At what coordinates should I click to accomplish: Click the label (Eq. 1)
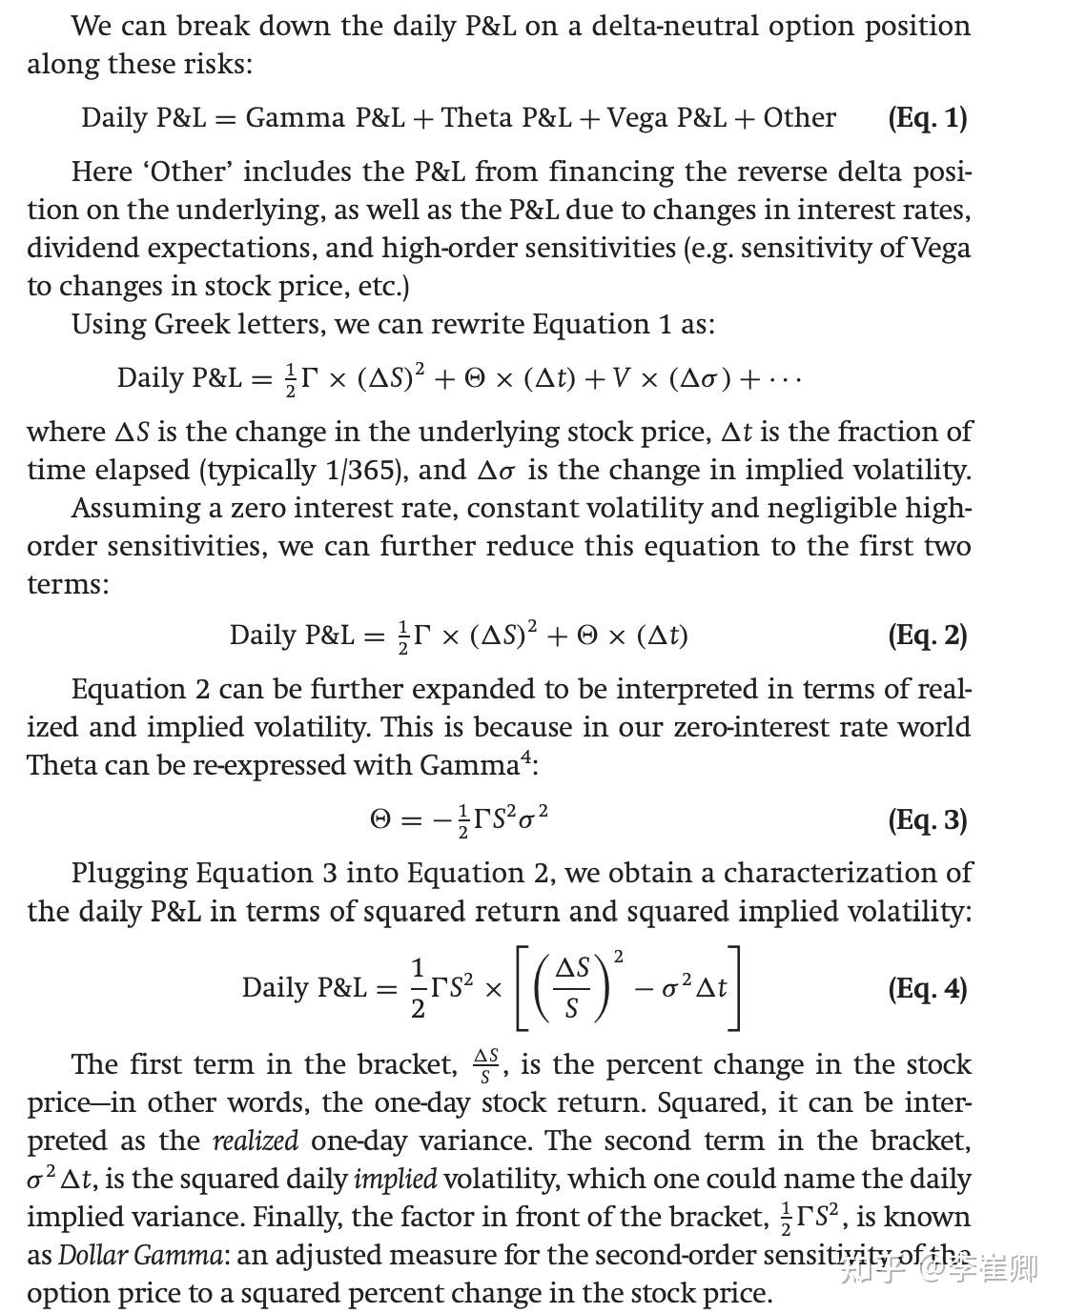[x=927, y=118]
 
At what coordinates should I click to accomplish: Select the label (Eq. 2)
[x=927, y=636]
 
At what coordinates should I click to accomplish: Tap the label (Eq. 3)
[x=927, y=820]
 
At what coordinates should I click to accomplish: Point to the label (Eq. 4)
[x=927, y=989]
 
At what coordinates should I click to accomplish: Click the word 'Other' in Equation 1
[x=799, y=118]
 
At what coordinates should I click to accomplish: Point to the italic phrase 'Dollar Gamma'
[x=139, y=1256]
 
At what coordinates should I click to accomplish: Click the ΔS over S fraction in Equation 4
[x=572, y=988]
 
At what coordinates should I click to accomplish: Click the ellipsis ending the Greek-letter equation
[x=783, y=379]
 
